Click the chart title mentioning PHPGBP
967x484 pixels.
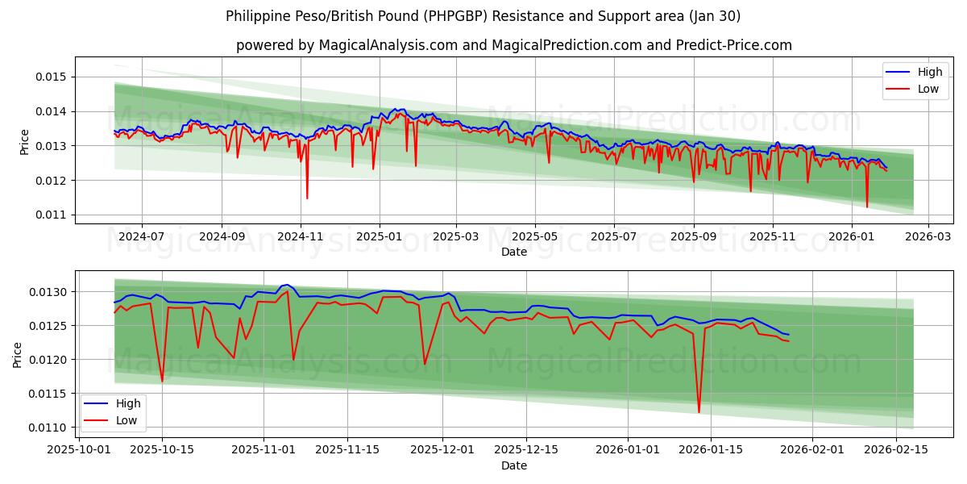coord(483,16)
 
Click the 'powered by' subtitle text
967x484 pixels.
coord(514,45)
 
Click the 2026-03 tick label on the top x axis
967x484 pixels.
coord(928,237)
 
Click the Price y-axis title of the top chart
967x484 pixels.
coord(24,142)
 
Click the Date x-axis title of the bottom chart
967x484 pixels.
coord(514,465)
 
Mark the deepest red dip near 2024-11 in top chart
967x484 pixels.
coord(307,198)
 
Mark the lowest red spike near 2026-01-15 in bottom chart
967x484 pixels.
coord(699,412)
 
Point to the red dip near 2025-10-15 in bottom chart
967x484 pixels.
coord(162,381)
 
